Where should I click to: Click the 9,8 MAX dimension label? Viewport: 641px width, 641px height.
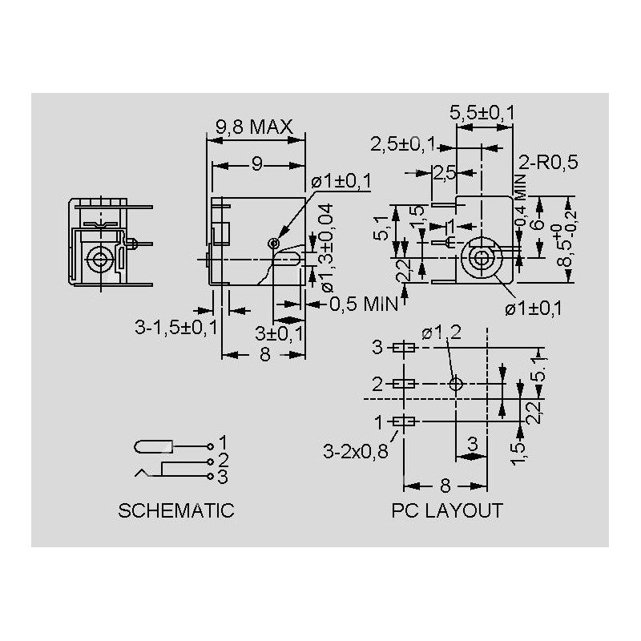coord(254,127)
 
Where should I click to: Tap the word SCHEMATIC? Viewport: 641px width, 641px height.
coord(176,510)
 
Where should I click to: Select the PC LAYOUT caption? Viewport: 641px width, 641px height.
coord(447,510)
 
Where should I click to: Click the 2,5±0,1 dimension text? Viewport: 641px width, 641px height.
coord(402,144)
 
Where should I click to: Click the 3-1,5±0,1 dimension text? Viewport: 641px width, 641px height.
coord(175,327)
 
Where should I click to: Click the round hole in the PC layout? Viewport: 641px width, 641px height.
coord(455,384)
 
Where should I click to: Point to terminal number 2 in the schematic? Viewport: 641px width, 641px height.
coord(224,460)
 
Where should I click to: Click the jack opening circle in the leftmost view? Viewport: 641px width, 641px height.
coord(99,259)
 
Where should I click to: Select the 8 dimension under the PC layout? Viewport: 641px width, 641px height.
coord(445,485)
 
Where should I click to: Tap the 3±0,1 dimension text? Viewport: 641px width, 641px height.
coord(279,333)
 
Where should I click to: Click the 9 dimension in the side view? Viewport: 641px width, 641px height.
coord(256,164)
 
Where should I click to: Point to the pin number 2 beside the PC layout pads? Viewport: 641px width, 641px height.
coord(377,384)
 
